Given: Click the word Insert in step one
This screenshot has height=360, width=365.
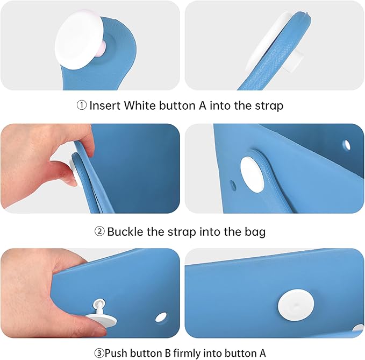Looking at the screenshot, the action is coord(105,105).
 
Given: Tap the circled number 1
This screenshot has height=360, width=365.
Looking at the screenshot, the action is coord(82,105).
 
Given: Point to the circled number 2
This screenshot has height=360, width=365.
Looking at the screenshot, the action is coord(99,231).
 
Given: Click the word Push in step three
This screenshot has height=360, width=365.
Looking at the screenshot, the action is coord(116,353).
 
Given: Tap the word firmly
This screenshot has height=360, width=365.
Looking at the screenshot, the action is coord(187,354).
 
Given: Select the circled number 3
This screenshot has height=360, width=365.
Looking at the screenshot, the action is coord(99,353).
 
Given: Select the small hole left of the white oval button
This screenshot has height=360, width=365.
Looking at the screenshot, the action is coord(233,185).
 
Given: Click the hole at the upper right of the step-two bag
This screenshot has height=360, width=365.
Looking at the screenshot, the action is coord(347,145).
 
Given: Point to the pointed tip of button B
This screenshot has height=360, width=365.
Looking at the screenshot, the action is coord(99,302).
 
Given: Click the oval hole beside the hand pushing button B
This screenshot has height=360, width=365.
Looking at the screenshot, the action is coord(161,317).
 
